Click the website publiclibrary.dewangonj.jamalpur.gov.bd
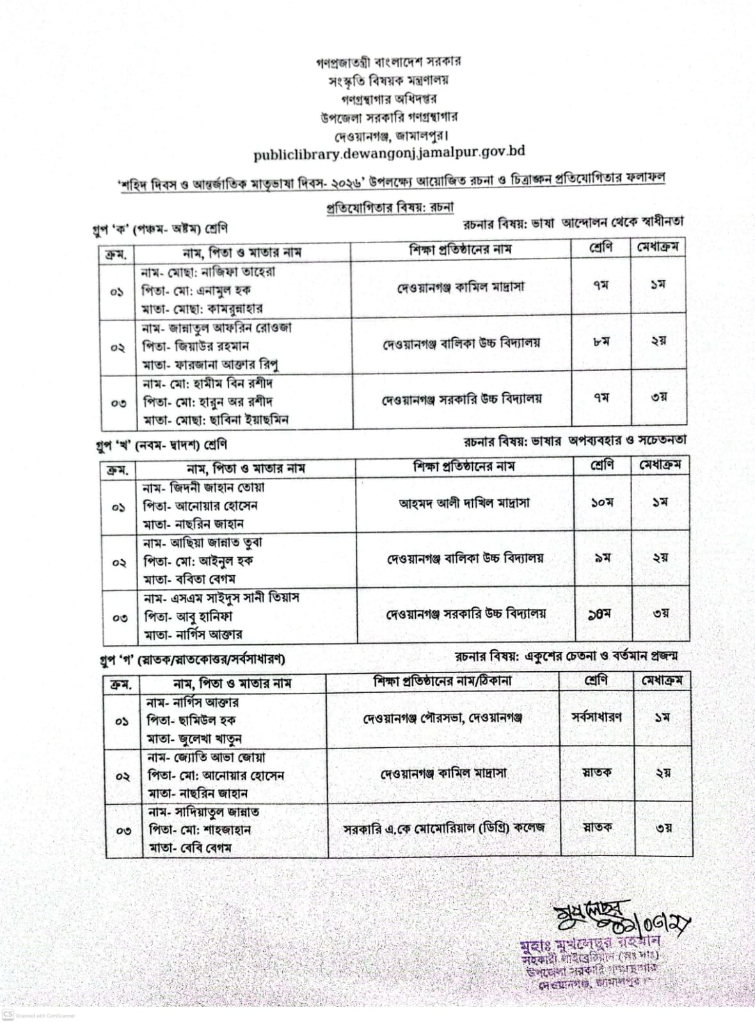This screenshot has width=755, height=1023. (389, 154)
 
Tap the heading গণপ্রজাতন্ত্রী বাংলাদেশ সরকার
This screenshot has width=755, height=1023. (388, 61)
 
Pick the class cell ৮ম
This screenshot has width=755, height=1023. (600, 342)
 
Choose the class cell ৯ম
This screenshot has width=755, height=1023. (601, 558)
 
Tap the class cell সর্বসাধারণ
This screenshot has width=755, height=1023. (596, 717)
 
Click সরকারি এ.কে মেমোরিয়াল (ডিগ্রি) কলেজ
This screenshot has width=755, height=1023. (444, 827)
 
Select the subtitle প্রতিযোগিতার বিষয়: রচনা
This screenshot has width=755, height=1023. (389, 207)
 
